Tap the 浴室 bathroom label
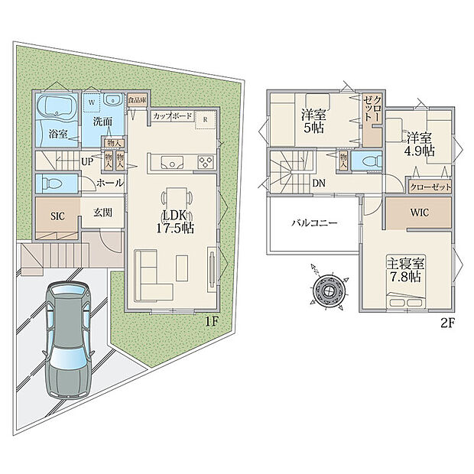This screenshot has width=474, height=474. (58, 134)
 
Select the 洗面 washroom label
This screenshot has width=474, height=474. (102, 122)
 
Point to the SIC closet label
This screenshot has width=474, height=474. (57, 216)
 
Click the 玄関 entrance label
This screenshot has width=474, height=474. (104, 213)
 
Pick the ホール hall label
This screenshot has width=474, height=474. (109, 183)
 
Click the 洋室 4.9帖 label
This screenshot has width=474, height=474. (420, 144)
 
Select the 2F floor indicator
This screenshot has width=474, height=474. (447, 323)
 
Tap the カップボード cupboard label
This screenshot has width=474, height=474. (170, 116)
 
